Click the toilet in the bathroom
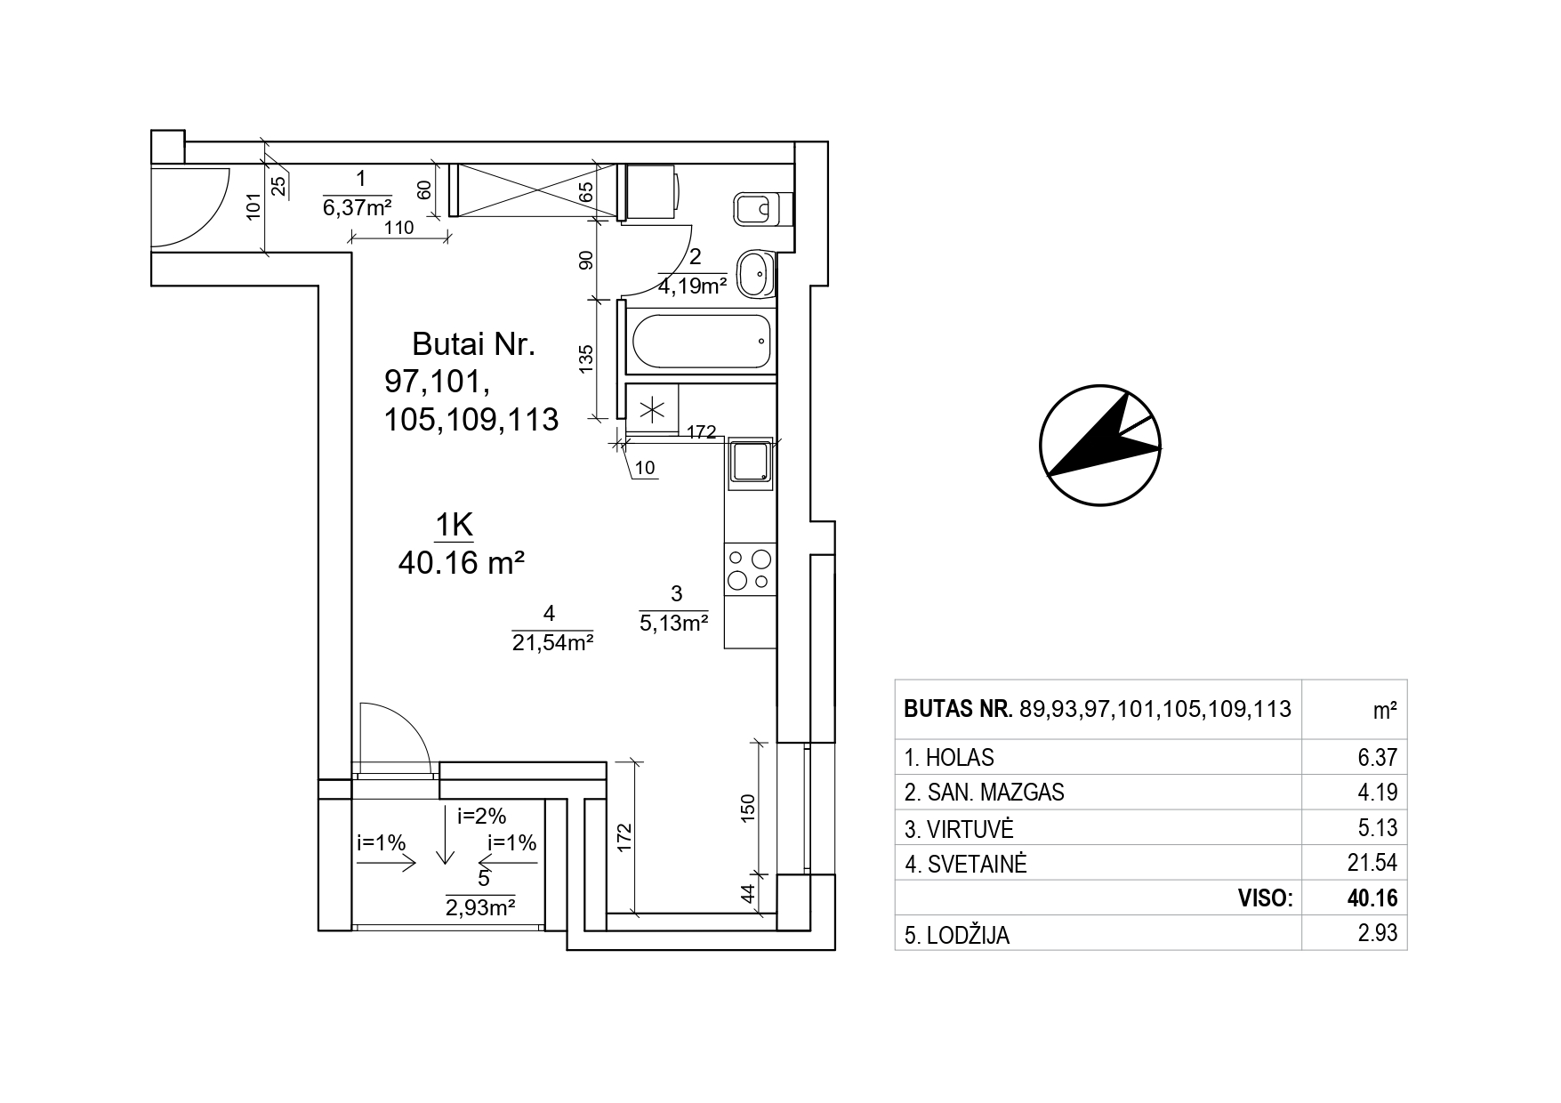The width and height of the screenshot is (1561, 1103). [x=761, y=210]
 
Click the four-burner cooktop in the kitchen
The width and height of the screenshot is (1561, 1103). [x=749, y=569]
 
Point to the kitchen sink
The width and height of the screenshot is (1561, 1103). [x=752, y=463]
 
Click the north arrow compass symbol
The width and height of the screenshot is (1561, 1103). [x=1100, y=446]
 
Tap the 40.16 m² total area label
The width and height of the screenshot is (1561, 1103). [x=460, y=563]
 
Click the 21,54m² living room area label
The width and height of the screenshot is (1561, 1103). [x=552, y=642]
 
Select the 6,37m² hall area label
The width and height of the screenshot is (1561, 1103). [x=358, y=207]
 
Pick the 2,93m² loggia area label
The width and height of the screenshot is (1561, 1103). [x=481, y=907]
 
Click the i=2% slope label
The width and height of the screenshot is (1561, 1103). [x=481, y=816]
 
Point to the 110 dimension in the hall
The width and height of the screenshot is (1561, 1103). [x=398, y=228]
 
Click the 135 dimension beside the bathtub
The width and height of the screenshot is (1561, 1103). [x=585, y=358]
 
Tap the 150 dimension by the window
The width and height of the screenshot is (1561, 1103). [x=747, y=806]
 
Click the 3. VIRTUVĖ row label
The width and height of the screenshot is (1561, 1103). [x=959, y=829]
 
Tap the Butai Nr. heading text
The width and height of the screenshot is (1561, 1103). [x=473, y=344]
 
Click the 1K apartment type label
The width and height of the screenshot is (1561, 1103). [x=454, y=526]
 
